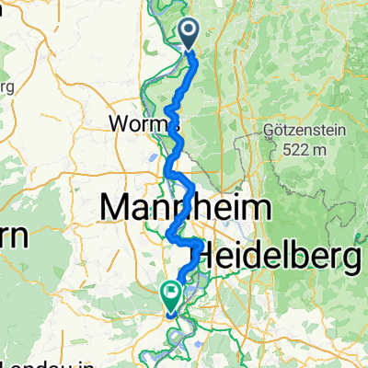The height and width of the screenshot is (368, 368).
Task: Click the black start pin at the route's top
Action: [x=190, y=35]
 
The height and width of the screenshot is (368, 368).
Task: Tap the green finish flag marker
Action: [x=171, y=295]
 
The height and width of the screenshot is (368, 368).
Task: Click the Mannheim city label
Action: [x=183, y=208]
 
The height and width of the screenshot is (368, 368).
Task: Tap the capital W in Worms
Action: [x=118, y=122]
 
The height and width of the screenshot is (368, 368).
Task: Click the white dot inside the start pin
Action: [x=190, y=32]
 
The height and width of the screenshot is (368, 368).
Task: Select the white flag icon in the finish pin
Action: [x=171, y=293]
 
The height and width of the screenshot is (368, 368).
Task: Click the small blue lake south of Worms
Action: [x=149, y=157]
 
